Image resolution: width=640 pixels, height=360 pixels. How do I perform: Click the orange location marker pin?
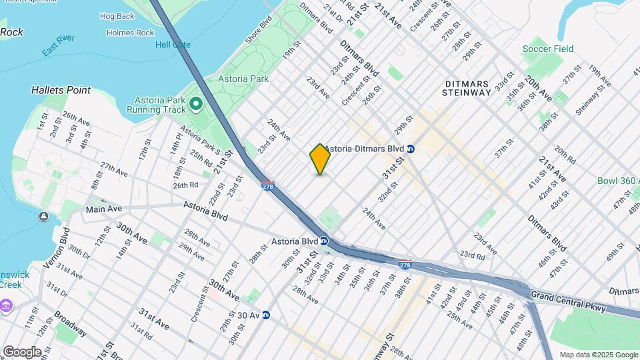click(320, 159)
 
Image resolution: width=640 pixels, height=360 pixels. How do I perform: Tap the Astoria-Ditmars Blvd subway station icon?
click(411, 149)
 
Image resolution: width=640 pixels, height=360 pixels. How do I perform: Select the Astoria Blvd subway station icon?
click(323, 241)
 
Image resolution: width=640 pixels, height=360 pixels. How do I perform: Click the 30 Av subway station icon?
click(265, 315)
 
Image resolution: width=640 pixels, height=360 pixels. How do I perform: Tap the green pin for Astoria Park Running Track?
click(195, 103)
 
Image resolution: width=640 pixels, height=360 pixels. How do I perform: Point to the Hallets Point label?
click(57, 89)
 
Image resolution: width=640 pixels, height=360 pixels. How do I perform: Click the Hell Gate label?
click(173, 45)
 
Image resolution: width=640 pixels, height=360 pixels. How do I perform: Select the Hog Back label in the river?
click(117, 16)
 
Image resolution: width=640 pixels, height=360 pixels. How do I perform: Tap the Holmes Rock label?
click(130, 33)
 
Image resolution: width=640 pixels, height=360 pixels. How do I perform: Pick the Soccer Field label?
click(548, 49)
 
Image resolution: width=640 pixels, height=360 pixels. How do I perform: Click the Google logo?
click(21, 351)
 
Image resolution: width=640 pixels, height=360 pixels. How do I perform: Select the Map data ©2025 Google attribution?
click(598, 355)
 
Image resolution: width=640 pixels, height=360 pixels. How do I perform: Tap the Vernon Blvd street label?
click(65, 245)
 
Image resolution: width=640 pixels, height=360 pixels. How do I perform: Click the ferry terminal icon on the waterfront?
click(43, 216)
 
